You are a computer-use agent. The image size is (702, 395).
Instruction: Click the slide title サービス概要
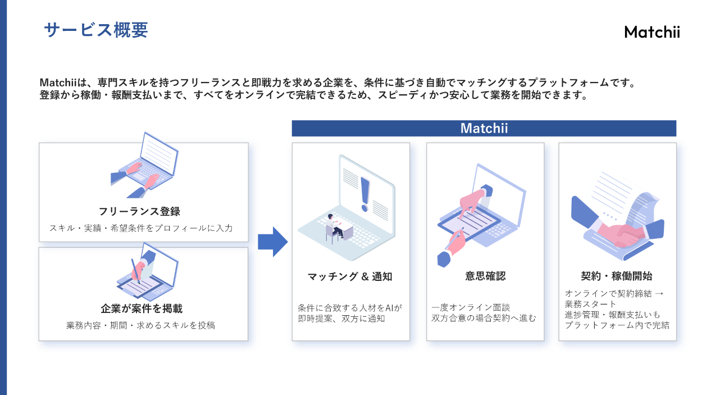95,30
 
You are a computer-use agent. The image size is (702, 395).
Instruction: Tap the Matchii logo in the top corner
651,33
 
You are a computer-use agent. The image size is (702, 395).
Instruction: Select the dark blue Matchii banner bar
484,128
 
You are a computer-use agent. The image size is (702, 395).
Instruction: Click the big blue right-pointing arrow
272,242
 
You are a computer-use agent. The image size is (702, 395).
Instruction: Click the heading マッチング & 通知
350,276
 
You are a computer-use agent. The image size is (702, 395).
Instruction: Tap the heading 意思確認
485,276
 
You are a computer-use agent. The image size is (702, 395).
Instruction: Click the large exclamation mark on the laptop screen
366,193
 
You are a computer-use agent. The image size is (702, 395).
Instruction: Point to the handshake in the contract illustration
618,235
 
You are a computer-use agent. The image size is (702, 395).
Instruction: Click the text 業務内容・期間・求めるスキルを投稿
141,325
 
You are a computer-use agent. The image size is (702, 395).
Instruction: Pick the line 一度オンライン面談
471,308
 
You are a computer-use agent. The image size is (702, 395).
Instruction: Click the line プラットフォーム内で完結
617,325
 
